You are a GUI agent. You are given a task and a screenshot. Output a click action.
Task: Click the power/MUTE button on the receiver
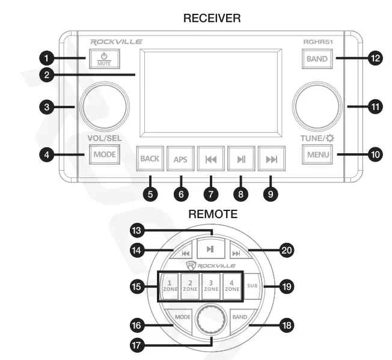point(105,59)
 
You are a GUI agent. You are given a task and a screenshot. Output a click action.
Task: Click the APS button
point(181,159)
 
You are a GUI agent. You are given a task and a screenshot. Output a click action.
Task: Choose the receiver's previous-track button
point(211,159)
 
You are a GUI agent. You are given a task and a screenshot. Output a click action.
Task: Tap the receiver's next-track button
point(271,159)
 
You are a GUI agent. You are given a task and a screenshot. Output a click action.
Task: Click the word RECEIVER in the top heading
point(212,20)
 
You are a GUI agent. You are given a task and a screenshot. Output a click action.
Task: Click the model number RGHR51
point(319,42)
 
